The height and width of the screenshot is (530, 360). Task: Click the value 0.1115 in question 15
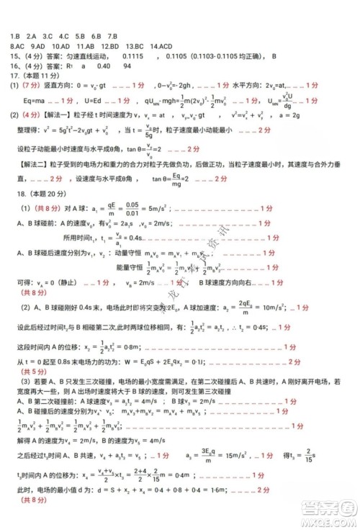point(134,54)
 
